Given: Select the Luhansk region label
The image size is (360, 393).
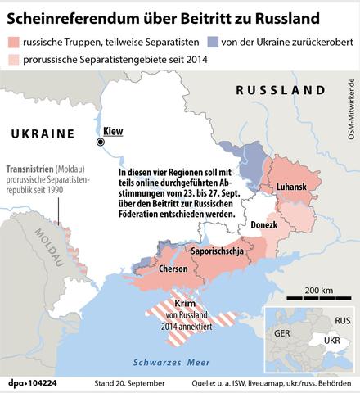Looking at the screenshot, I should click(291, 187).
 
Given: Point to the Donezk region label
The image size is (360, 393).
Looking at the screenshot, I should click(263, 224).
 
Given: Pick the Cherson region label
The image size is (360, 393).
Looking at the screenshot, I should click(173, 268).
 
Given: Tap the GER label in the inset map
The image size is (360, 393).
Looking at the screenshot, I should click(283, 334).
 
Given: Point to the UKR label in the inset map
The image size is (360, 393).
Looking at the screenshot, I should click(332, 339).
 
